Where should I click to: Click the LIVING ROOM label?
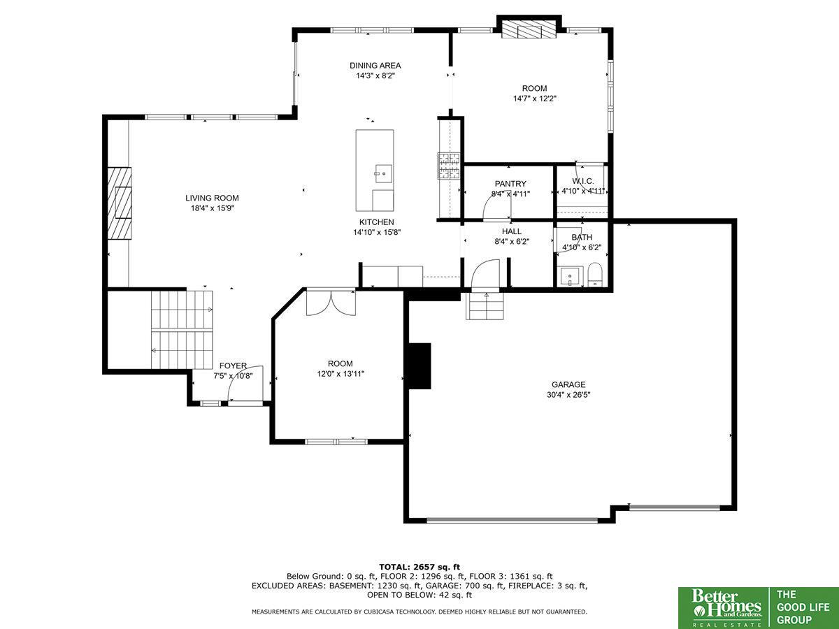(212, 198)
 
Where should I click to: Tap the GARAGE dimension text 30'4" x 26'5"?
(568, 395)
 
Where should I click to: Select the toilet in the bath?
(594, 274)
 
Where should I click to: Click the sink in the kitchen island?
(383, 174)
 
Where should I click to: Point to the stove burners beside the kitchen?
(449, 166)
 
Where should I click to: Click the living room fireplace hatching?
(120, 203)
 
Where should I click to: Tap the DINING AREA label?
(375, 65)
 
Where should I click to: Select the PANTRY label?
(510, 184)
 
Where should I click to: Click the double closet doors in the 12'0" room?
(331, 303)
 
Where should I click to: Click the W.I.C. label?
(583, 181)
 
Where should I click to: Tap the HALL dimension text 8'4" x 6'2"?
(511, 241)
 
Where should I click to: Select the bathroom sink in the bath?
(571, 276)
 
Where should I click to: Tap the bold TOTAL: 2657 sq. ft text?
(419, 567)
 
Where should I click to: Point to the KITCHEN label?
(376, 222)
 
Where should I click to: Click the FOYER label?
(233, 366)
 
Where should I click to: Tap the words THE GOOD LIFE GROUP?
(803, 607)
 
